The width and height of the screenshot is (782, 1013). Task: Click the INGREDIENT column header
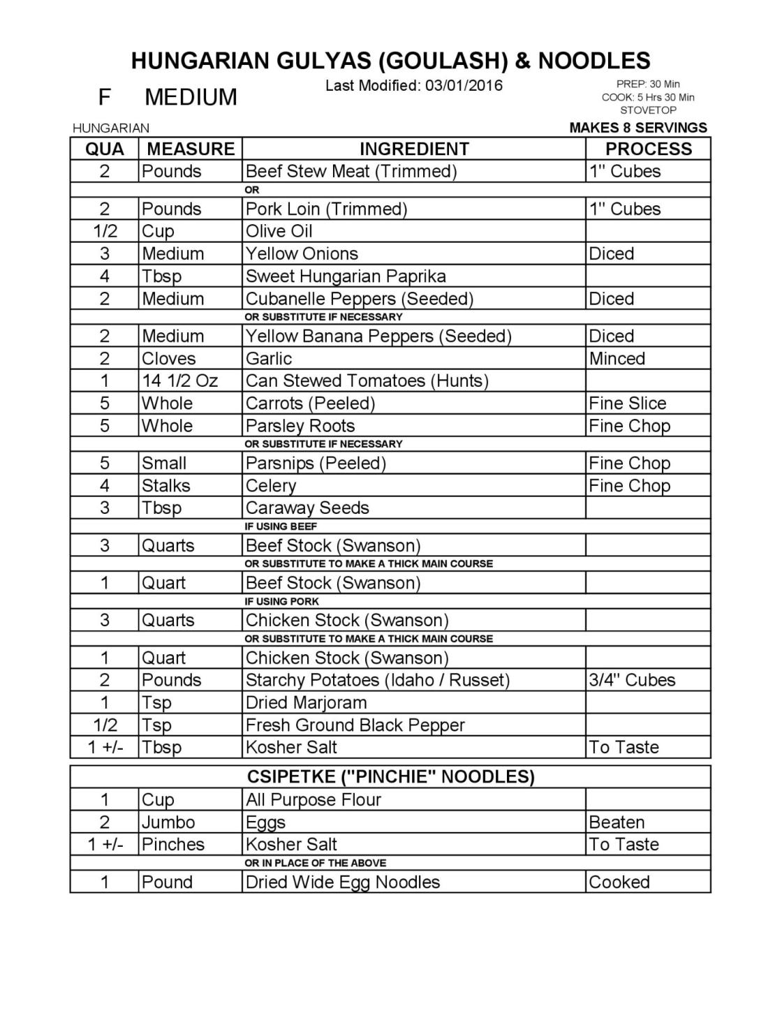click(413, 149)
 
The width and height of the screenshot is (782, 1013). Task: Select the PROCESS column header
click(648, 149)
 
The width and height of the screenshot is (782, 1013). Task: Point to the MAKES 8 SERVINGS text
click(638, 128)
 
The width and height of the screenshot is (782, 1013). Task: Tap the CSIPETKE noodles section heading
click(391, 776)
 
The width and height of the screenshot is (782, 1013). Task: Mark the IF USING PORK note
click(282, 601)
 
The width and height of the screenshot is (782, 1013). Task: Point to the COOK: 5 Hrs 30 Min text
click(648, 97)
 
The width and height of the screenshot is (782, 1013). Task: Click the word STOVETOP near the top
click(648, 110)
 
